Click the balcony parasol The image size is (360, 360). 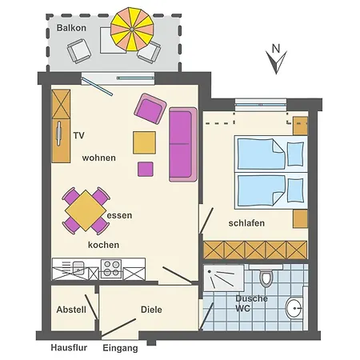coord(132,29)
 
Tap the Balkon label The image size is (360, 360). coord(71,28)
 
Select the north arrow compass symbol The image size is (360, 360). coord(276,59)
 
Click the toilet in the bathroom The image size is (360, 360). coord(266,278)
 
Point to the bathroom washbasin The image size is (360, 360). coord(294,308)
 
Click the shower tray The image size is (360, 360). coord(223,278)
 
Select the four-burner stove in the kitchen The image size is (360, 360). coord(111,269)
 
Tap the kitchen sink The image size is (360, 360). coord(78,268)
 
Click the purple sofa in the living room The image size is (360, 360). coord(183,144)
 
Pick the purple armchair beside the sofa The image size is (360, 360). coord(150,109)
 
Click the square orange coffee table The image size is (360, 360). coord(144,142)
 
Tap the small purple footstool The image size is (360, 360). coord(146,169)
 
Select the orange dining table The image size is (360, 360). coord(86,210)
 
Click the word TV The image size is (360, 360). coord(79,135)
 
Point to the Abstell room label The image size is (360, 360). coord(71,310)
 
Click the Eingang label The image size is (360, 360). coord(120,348)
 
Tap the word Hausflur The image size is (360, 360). coord(69,347)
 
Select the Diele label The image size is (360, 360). coord(151,310)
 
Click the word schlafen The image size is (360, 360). coord(246,223)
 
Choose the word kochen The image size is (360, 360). coord(103,245)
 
